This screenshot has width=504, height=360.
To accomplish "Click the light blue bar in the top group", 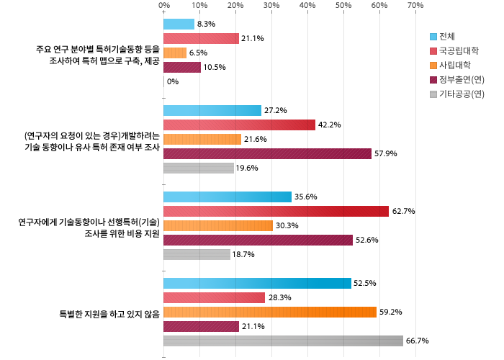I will (x=179, y=24).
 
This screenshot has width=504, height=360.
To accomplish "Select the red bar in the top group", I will (x=201, y=39).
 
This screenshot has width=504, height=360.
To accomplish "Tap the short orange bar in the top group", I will (x=175, y=53).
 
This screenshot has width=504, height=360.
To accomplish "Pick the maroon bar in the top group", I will (x=182, y=68).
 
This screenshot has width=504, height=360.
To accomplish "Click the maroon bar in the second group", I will (x=267, y=154).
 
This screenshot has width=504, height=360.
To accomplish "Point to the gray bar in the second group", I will (x=199, y=168).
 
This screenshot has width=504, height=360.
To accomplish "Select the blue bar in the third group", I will (x=228, y=197).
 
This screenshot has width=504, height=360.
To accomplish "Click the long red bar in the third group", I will (x=276, y=212).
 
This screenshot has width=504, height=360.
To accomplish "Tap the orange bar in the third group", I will (x=218, y=226).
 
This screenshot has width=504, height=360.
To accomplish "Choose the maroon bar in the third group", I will (x=258, y=240).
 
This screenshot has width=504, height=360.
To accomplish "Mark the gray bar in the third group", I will (x=197, y=255).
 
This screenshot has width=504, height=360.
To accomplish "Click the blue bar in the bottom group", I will (x=257, y=284).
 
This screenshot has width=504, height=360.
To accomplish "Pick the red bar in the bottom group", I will (x=214, y=298).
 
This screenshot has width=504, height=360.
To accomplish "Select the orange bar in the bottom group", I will (x=270, y=312).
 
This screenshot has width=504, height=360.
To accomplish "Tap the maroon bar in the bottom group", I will (x=201, y=327).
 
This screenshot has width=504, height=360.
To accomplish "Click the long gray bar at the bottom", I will (x=283, y=341).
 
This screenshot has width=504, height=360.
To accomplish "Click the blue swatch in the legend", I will (x=433, y=37).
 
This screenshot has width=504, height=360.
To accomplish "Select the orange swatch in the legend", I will (x=433, y=66).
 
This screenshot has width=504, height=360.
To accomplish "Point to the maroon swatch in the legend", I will (x=433, y=80).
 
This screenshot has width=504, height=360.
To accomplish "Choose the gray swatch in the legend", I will (x=433, y=94).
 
